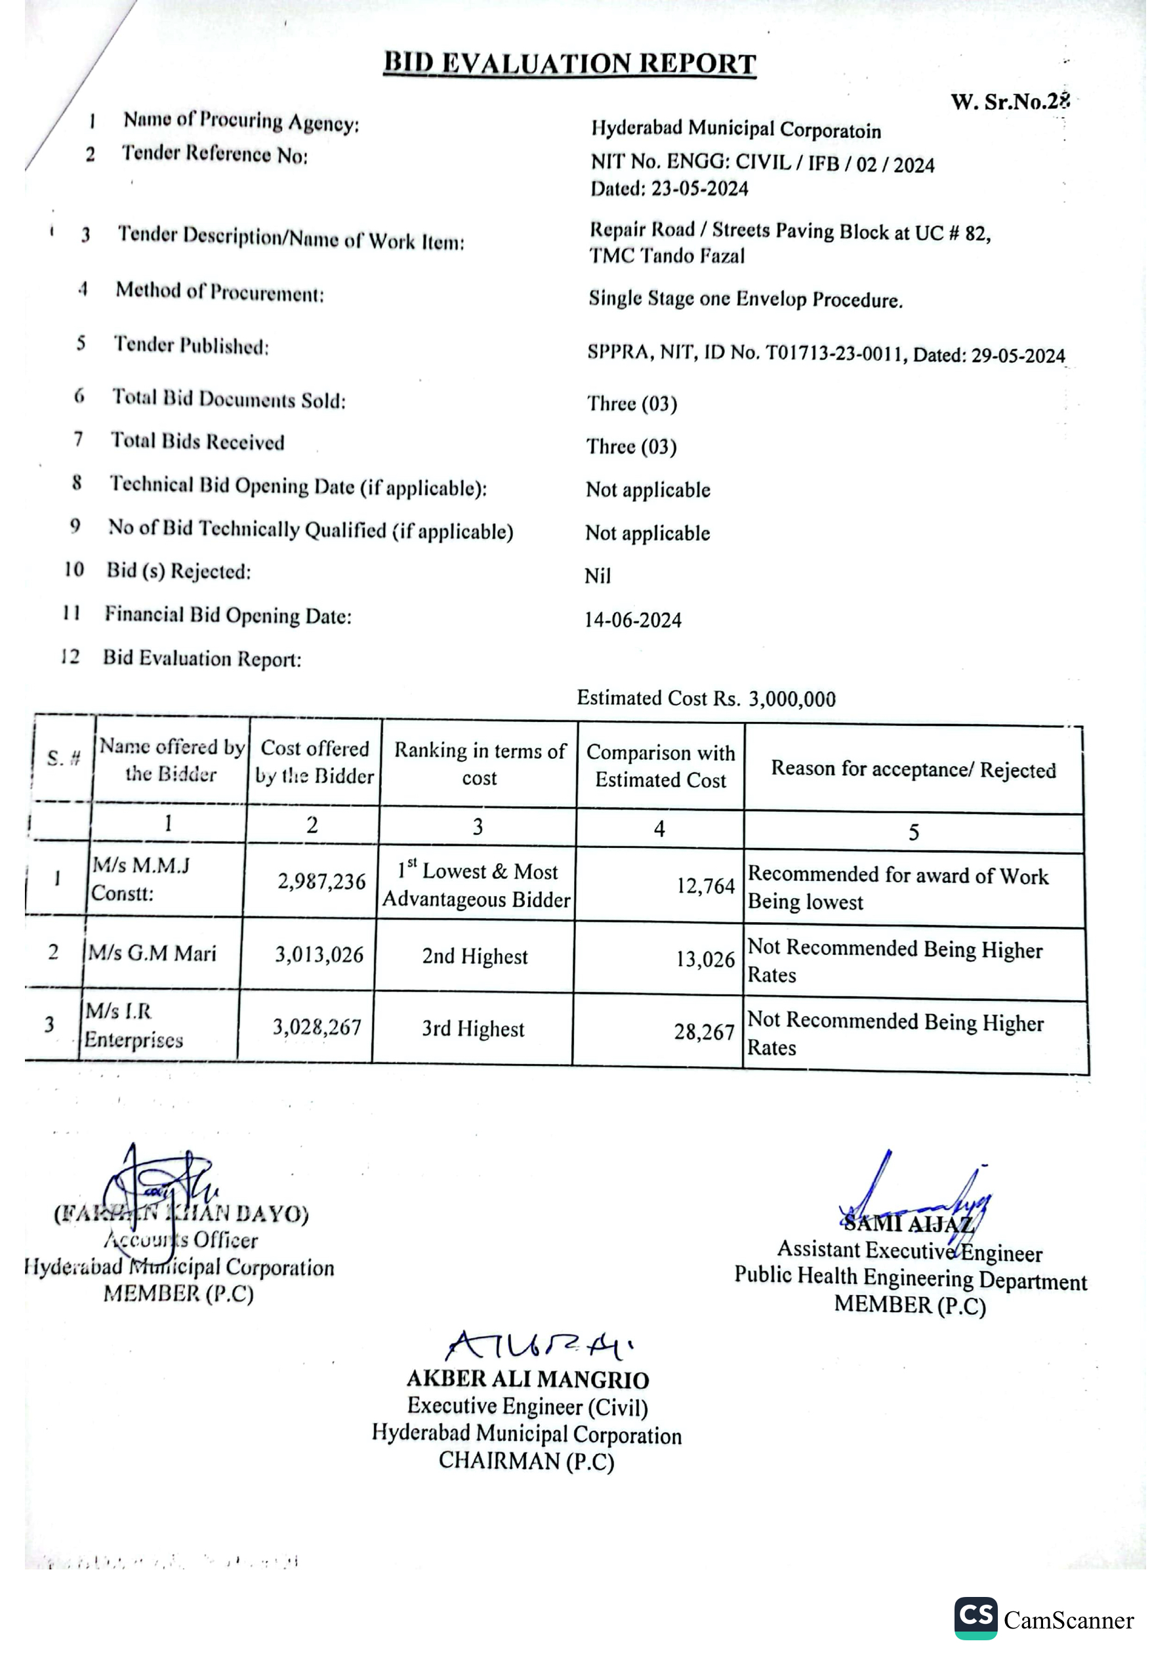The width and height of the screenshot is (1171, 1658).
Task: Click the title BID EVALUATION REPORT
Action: (569, 64)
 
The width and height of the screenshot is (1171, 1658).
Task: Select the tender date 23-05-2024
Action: (699, 189)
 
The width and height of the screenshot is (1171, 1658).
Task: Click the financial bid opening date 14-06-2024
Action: (632, 620)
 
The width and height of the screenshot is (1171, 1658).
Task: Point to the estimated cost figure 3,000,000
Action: (792, 699)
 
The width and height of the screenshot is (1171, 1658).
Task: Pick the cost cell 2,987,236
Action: (321, 882)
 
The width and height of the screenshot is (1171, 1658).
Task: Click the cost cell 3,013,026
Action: (319, 954)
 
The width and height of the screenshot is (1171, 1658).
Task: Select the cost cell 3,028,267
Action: (316, 1027)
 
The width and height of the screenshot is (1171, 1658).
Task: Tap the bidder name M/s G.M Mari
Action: (152, 953)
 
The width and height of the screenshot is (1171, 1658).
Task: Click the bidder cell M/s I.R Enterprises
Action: (134, 1025)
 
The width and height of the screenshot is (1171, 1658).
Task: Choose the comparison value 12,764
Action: (705, 886)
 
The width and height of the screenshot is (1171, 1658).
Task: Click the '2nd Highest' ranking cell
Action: (475, 956)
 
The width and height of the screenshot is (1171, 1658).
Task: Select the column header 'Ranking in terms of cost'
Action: (480, 764)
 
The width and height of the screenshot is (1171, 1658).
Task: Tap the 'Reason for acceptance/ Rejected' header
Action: (913, 770)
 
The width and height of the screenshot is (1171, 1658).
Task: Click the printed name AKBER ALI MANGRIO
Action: (527, 1379)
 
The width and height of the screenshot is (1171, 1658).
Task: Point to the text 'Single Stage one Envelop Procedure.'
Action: (745, 299)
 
